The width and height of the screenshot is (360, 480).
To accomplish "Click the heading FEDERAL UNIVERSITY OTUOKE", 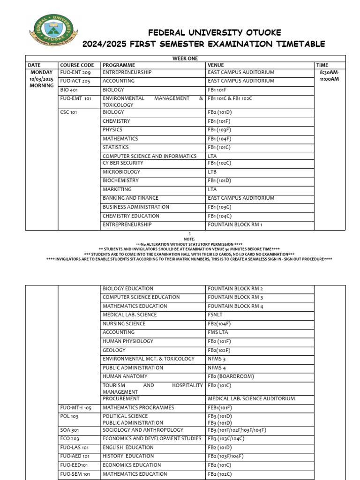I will (215, 32).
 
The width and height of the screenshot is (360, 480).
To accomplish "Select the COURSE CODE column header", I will (77, 65).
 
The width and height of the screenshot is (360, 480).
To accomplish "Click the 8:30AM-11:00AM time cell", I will (330, 76).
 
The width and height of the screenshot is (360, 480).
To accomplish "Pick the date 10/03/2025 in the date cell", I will (42, 79).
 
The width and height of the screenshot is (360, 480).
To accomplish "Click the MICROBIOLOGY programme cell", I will (121, 172).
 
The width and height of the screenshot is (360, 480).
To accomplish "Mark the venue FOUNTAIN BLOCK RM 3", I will (235, 297).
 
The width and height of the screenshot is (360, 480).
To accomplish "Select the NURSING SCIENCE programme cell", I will (124, 323).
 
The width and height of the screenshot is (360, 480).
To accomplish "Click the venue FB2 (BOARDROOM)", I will (231, 376).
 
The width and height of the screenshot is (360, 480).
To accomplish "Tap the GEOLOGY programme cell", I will (114, 350).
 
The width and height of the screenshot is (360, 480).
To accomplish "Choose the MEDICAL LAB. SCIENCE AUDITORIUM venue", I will (251, 398).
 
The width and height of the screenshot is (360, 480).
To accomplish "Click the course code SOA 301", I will (69, 430).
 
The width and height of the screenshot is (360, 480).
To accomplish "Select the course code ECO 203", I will (69, 439).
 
